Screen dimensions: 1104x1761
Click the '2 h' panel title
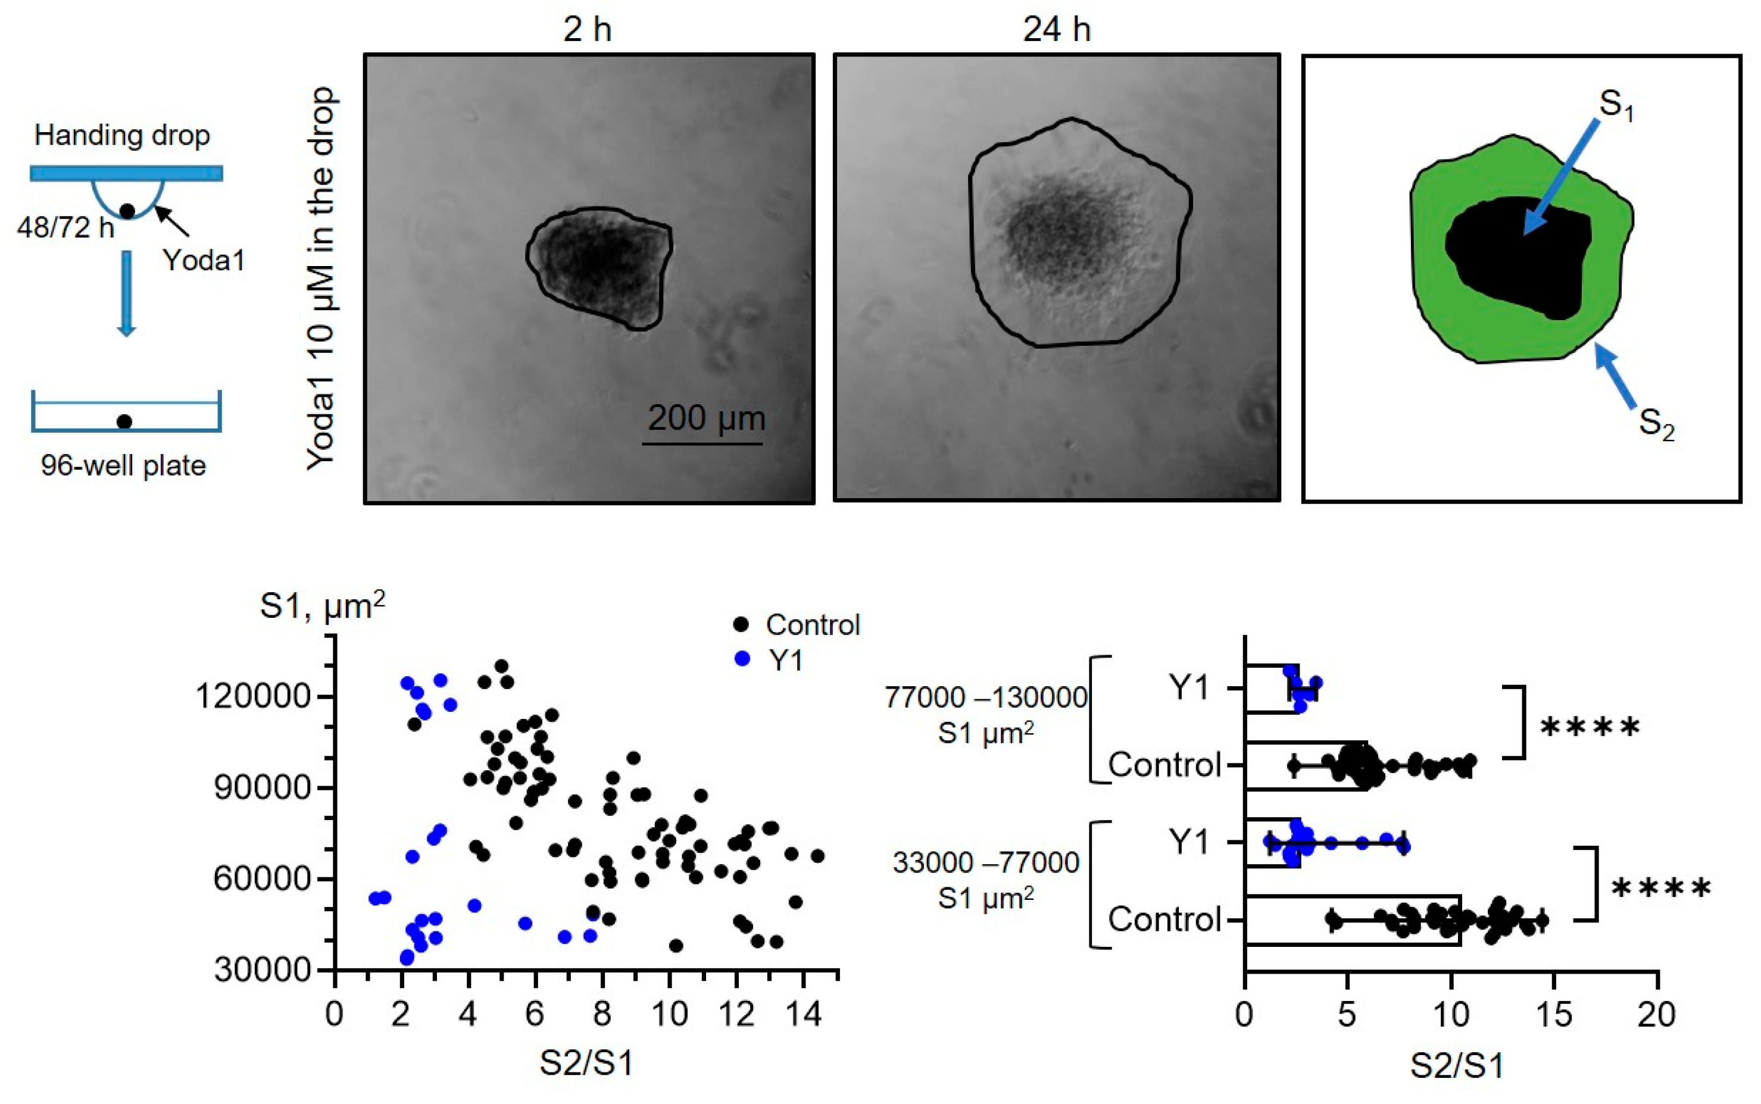click(x=587, y=30)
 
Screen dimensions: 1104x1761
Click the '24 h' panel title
click(x=1056, y=30)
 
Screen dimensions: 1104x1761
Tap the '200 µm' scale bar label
click(x=706, y=418)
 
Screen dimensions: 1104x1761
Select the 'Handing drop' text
click(x=122, y=135)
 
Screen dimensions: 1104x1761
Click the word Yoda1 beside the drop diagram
click(x=204, y=260)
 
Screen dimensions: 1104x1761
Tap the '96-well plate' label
click(x=123, y=465)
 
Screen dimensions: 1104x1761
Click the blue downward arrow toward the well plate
click(x=127, y=292)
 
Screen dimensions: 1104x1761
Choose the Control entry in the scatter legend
click(x=812, y=625)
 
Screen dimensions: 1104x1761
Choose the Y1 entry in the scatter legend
click(x=785, y=661)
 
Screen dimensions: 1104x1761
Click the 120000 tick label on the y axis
click(x=252, y=696)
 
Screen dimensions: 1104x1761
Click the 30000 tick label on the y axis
click(x=262, y=969)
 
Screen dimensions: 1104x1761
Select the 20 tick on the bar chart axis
click(x=1656, y=1015)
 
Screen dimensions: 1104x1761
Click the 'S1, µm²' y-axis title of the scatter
click(x=322, y=606)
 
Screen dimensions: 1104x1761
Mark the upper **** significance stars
click(x=1590, y=728)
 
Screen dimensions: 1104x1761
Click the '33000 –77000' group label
click(x=985, y=863)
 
